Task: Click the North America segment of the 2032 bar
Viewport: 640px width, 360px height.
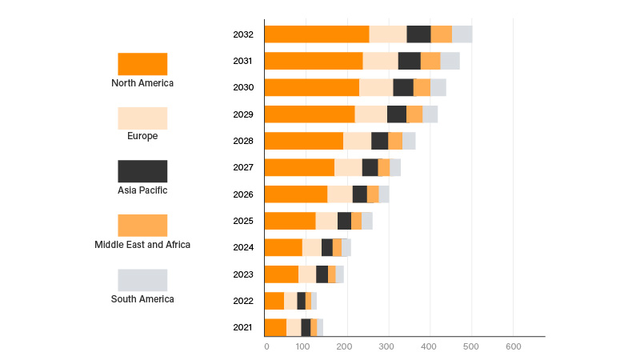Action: coord(317,34)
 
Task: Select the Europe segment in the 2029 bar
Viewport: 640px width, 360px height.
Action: coord(371,114)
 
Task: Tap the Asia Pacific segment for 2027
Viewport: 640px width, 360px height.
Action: coord(370,167)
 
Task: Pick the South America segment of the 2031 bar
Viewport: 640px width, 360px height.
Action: coord(450,61)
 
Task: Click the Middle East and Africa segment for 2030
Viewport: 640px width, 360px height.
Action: coord(422,87)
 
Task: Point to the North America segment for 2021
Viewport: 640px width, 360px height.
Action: coord(275,327)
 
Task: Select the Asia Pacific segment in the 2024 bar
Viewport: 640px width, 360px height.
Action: coord(326,247)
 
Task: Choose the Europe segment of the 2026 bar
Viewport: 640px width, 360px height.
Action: coord(340,194)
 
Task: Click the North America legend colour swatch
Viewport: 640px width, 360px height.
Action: coord(142,64)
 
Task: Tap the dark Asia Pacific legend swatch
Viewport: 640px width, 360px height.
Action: coord(142,171)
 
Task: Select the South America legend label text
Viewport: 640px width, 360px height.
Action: coord(142,299)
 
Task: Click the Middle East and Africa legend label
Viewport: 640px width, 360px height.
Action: coord(142,245)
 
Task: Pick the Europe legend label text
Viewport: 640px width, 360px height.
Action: coord(142,136)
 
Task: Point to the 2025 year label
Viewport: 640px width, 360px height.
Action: coord(243,221)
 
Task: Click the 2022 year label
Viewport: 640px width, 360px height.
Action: coord(243,301)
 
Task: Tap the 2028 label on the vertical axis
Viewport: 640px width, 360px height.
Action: coord(243,141)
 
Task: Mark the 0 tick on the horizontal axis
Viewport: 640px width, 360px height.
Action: coord(266,346)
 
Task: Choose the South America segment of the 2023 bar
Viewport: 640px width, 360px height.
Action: coord(339,274)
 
